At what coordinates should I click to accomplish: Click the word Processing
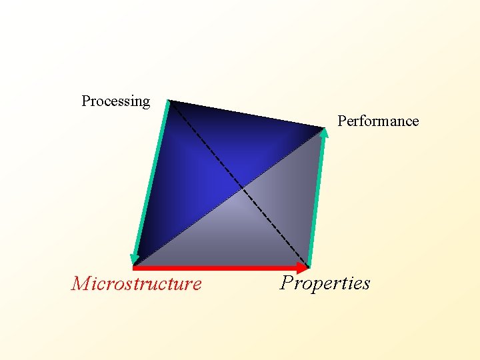click(115, 101)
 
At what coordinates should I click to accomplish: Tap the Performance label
click(378, 121)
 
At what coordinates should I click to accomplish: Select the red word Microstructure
click(137, 284)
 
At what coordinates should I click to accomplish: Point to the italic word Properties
click(325, 283)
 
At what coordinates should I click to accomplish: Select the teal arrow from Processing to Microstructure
click(151, 180)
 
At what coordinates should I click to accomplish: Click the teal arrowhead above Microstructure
click(135, 258)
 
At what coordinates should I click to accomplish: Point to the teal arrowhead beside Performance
click(325, 133)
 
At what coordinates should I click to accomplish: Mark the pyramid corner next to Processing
click(169, 101)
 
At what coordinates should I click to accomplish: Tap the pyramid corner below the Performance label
click(324, 128)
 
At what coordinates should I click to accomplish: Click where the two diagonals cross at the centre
click(241, 186)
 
